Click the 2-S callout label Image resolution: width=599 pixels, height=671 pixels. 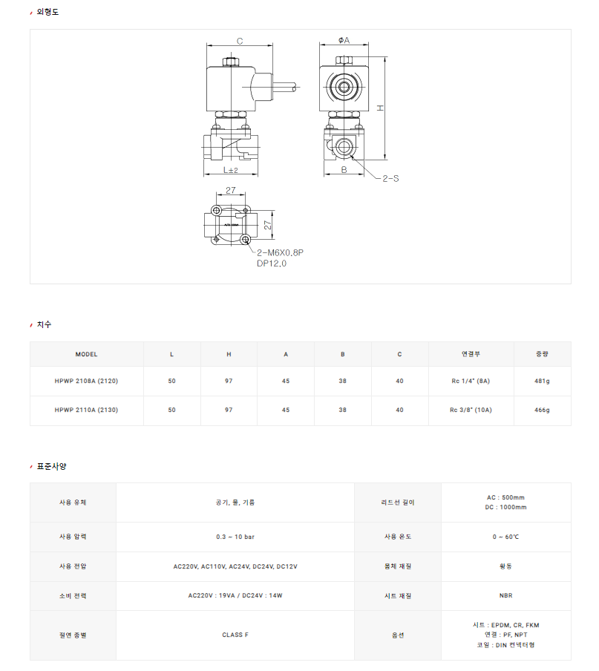pos(390,178)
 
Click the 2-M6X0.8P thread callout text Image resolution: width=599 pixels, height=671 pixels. pos(281,252)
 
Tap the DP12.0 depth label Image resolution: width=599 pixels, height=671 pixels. pos(272,264)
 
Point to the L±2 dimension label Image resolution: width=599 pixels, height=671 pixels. pos(231,170)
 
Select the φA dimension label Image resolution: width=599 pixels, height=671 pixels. pos(344,40)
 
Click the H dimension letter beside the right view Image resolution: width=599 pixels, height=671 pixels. pos(380,108)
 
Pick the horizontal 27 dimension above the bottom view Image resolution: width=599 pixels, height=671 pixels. pos(231,190)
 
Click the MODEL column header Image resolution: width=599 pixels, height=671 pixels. pos(86,354)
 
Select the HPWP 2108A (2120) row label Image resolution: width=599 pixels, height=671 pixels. pos(86,381)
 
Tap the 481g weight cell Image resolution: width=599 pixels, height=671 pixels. pos(542,381)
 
